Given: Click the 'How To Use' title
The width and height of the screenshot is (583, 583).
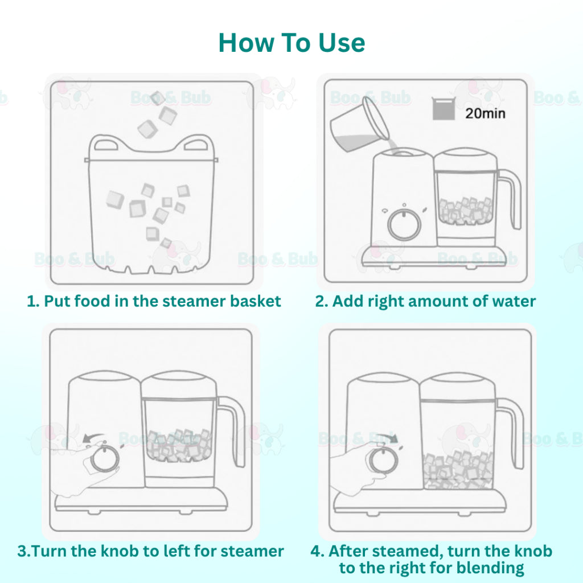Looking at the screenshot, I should click(291, 43).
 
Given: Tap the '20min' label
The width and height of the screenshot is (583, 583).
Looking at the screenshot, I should click(485, 113).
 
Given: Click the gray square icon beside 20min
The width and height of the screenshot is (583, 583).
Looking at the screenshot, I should click(444, 109).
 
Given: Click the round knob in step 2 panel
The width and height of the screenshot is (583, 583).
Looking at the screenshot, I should click(404, 224).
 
